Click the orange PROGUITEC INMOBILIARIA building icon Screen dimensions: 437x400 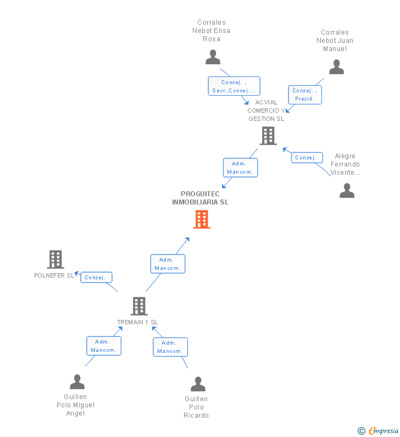point(202,219)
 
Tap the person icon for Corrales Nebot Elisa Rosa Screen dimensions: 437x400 point(213,57)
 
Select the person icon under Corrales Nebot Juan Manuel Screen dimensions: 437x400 point(336,67)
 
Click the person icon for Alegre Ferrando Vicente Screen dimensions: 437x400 point(347,190)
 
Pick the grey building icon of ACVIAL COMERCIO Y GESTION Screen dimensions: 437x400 point(268,135)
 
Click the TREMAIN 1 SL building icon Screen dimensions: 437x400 point(139,306)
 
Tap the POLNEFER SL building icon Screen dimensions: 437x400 point(55,259)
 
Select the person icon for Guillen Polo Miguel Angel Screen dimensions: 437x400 point(77,381)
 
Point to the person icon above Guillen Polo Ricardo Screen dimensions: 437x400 point(198,384)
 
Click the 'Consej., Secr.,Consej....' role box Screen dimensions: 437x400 point(234,86)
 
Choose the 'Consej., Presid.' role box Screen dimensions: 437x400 point(305,95)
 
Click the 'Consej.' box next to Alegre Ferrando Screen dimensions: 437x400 point(306,158)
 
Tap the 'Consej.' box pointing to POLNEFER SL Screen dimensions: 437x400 point(96,278)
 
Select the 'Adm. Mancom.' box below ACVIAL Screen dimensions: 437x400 point(240,168)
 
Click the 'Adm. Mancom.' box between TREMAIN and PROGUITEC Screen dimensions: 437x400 point(168,264)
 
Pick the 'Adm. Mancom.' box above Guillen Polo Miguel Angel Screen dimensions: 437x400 point(103,346)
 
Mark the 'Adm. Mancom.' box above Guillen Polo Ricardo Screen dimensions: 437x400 point(170,347)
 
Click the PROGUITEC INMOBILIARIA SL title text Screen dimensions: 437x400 point(201,198)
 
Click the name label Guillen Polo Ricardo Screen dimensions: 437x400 point(196,407)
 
